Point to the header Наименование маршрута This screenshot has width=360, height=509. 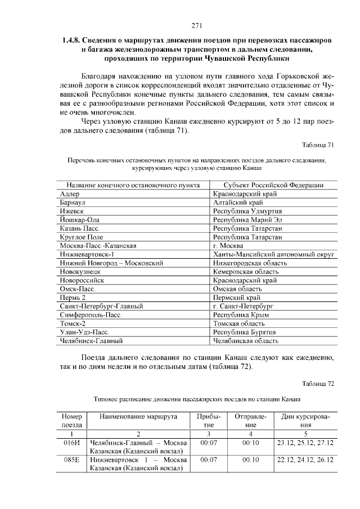click(x=138, y=417)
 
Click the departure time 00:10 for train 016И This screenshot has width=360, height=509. click(x=250, y=443)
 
